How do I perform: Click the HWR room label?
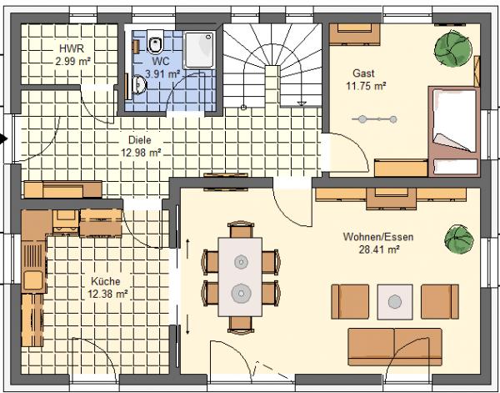pos(72,49)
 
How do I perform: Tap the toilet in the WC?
pos(155,42)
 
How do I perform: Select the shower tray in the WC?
pos(200,49)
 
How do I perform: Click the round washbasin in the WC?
pos(140,85)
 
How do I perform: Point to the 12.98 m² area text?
pos(141,153)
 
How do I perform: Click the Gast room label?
pos(363,73)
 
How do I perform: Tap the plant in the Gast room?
pos(452,48)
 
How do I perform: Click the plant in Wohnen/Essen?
pos(459,239)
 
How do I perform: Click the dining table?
pos(240,277)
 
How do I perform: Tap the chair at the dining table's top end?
pos(241,229)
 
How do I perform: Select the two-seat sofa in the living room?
pos(395,347)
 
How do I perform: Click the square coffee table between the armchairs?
pos(395,302)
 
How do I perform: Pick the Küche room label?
pos(106,281)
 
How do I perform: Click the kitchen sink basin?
pos(32,280)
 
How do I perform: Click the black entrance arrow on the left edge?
pos(3,139)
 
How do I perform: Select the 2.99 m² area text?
pos(72,61)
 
